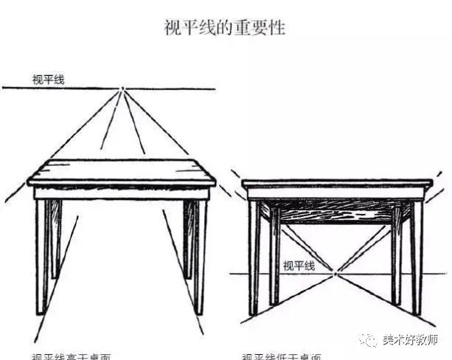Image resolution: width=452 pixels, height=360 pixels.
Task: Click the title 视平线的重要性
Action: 224,29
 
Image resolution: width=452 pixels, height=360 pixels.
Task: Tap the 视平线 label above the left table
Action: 48,79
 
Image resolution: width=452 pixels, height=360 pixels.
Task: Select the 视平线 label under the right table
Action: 299,266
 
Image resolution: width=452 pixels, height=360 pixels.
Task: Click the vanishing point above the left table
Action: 122,89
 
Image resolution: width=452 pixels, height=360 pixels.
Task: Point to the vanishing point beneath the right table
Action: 335,274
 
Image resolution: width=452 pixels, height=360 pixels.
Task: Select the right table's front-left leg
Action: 254,258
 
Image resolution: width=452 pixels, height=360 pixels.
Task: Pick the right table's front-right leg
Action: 417,258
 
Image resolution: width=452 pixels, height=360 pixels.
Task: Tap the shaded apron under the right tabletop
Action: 335,210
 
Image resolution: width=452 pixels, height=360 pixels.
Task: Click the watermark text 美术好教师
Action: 410,340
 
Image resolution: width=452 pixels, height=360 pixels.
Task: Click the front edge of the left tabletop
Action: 122,181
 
